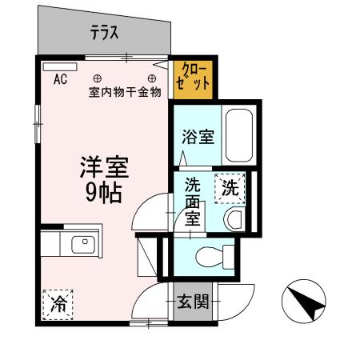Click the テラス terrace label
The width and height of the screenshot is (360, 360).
coord(104,33)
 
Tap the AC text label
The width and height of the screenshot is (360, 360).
coord(60,79)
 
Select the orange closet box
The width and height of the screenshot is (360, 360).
coord(194,78)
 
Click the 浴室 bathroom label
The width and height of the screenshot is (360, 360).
coord(198,136)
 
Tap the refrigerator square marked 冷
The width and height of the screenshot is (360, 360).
coord(58,304)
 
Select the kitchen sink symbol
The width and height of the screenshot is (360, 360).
coord(82,245)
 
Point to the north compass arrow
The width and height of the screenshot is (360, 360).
coord(304,303)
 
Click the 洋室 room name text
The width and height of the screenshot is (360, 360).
coord(105,167)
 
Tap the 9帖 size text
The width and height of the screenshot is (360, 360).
coord(105,192)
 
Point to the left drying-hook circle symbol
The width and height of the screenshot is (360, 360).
coord(98,78)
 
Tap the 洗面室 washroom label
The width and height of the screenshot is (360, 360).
coord(193,202)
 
